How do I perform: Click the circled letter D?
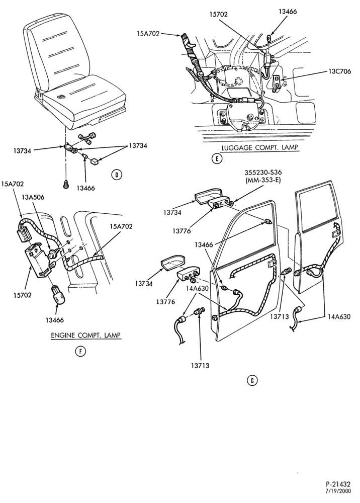(117, 175)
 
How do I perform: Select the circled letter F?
(80, 352)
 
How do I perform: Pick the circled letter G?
(252, 380)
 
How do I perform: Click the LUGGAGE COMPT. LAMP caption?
(259, 147)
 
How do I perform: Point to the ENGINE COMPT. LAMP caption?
(86, 335)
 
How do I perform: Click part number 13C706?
(339, 71)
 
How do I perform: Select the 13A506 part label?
(33, 197)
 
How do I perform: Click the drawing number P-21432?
(338, 484)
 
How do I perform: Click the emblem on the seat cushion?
(61, 96)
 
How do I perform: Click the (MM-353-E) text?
(263, 180)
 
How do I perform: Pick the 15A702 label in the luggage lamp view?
(148, 33)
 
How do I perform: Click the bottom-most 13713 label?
(200, 365)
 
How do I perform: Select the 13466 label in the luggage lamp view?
(288, 12)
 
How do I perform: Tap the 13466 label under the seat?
(85, 188)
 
